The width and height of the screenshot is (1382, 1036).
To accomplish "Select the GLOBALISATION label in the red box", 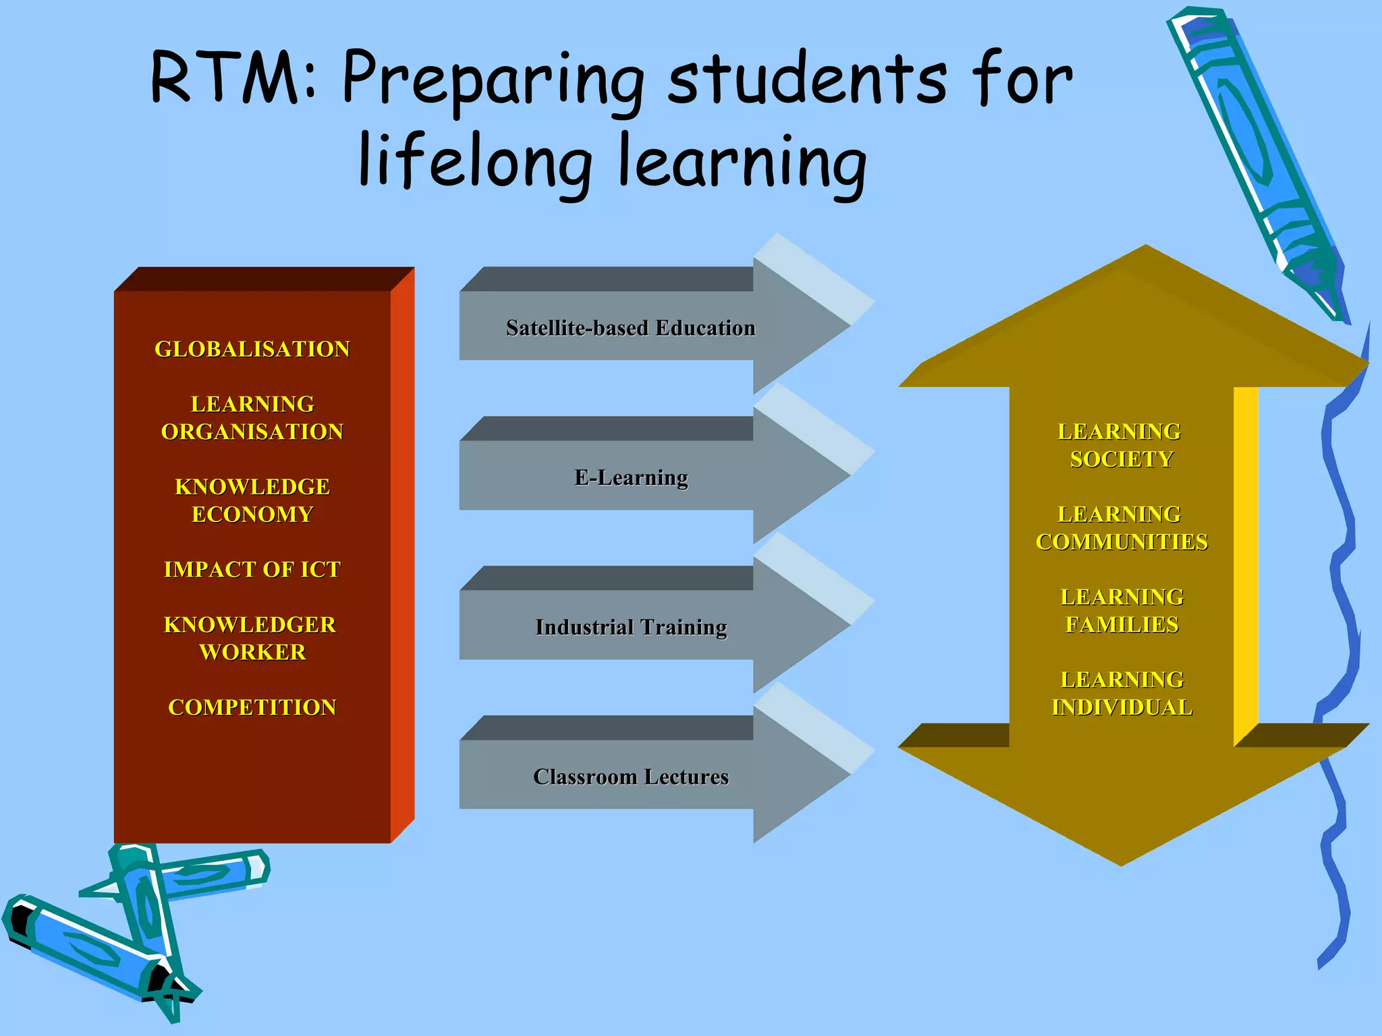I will pos(252,349).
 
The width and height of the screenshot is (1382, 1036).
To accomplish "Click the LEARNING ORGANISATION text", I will pos(252,418).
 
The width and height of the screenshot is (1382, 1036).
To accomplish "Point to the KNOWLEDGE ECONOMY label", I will pos(252,500).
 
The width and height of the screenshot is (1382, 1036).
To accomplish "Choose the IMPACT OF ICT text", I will pos(252,570).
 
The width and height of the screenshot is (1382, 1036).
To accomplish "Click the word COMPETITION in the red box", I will pos(252,708).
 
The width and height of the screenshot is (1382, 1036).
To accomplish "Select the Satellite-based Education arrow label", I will pos(631,328).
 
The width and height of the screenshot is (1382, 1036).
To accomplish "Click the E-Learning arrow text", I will pos(631,478).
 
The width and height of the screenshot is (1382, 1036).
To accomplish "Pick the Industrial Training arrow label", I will pos(631,628).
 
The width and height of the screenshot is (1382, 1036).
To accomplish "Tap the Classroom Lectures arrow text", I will pos(631,777).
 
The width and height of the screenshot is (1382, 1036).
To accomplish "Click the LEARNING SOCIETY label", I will pos(1121,446).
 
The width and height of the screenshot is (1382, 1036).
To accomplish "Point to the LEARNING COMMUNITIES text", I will pos(1122,529).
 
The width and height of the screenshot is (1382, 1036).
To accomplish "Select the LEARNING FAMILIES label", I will pos(1122,611).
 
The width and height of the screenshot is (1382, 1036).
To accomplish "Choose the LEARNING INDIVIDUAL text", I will pos(1122,694).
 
